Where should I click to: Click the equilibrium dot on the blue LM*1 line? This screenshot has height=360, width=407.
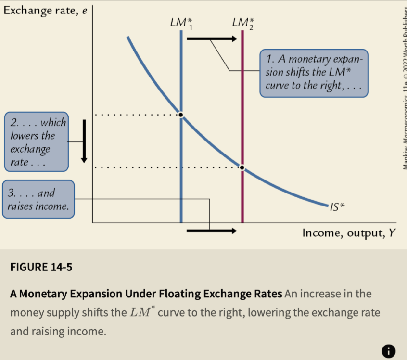click(181, 115)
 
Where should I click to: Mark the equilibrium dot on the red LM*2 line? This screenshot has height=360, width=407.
click(242, 167)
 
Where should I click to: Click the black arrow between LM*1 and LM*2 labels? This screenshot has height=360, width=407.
click(212, 39)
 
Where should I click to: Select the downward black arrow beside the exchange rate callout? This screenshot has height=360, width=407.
click(84, 140)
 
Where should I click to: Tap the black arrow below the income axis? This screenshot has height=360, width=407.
click(212, 231)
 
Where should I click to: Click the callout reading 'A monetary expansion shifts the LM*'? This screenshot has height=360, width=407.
click(313, 73)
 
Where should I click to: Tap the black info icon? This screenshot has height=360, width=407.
click(390, 351)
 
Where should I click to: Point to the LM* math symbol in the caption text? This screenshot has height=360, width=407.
click(141, 312)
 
